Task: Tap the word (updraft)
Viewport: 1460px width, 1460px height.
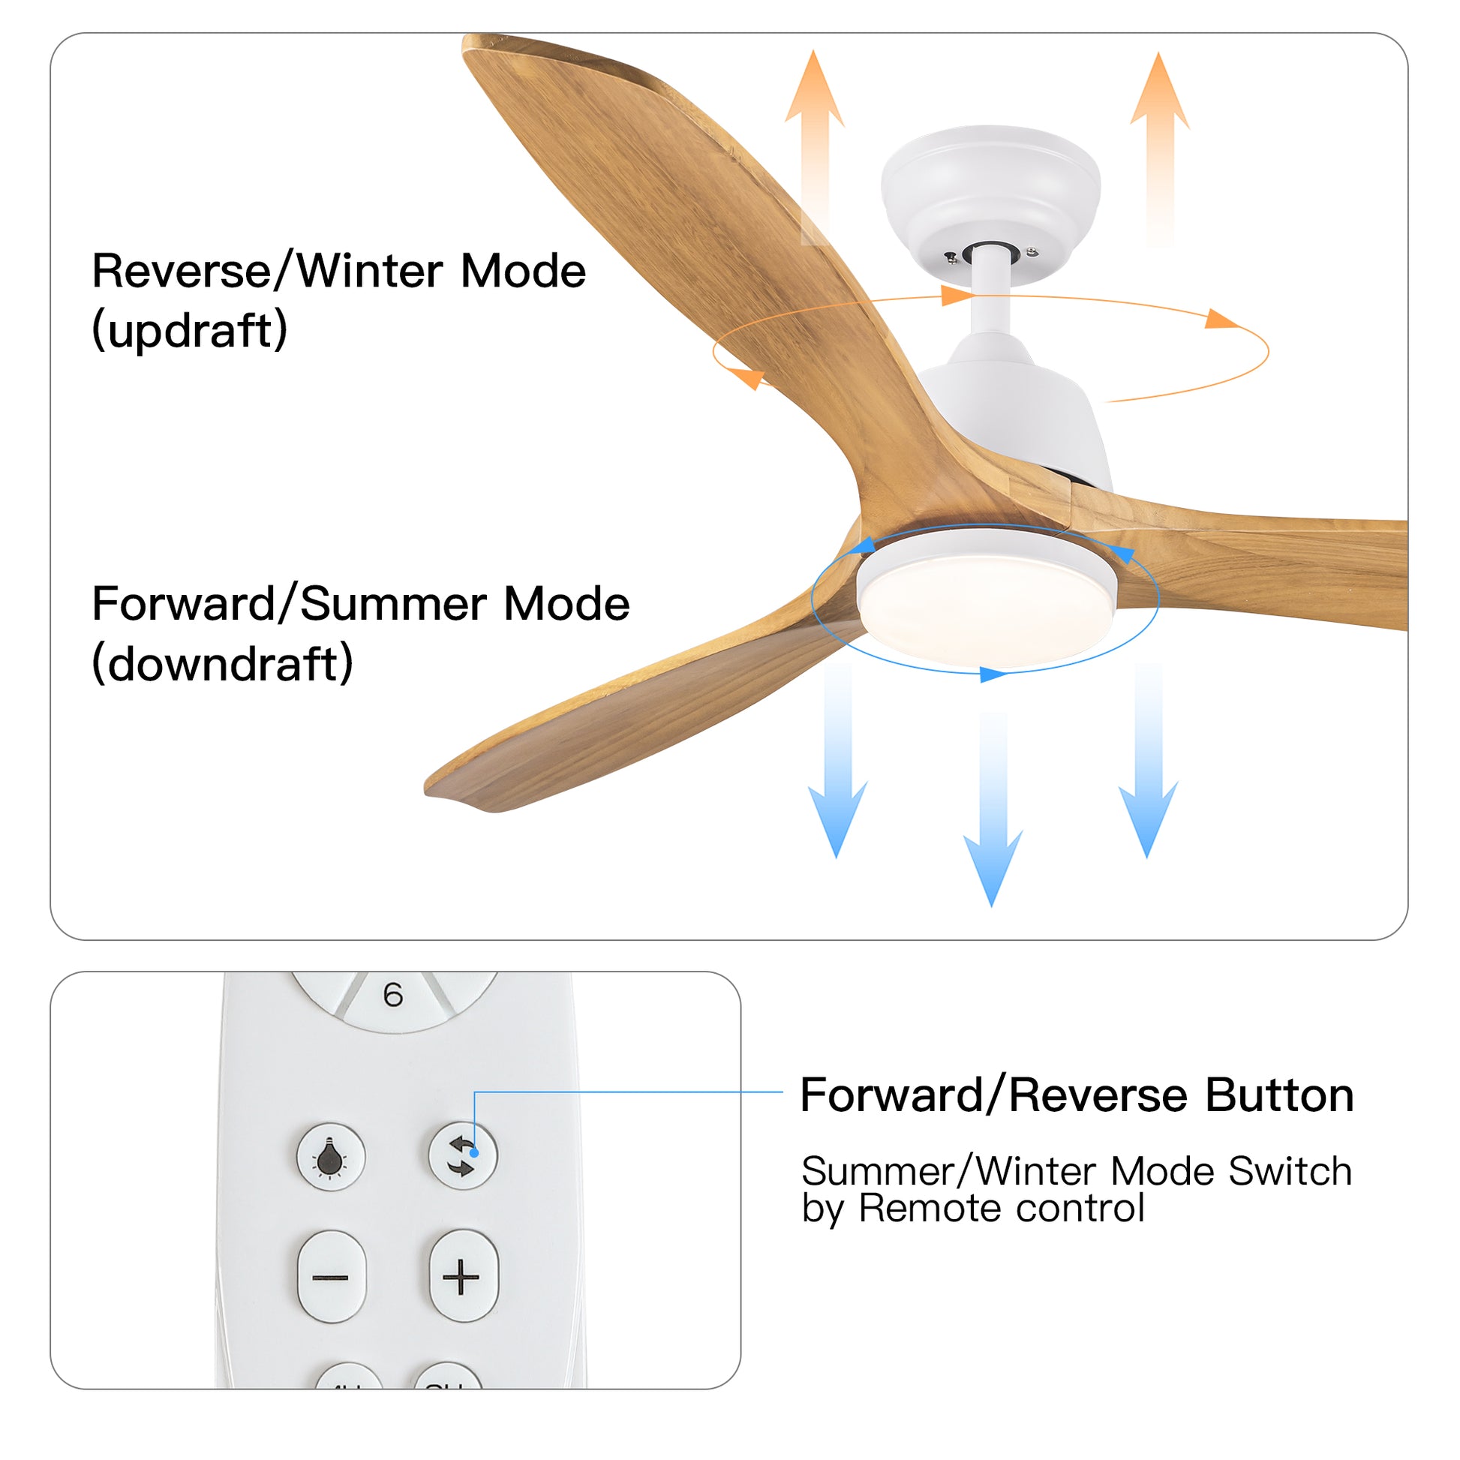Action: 190,330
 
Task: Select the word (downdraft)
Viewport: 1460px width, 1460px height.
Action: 222,664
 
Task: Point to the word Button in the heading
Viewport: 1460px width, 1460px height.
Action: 1278,1095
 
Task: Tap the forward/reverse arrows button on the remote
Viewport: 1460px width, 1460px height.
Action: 462,1156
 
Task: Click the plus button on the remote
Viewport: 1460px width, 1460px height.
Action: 462,1277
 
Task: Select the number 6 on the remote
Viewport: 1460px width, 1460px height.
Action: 393,996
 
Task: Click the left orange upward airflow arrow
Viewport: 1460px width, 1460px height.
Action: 815,143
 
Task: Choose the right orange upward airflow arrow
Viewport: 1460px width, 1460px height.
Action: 1160,143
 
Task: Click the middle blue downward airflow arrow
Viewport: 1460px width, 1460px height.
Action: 993,816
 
